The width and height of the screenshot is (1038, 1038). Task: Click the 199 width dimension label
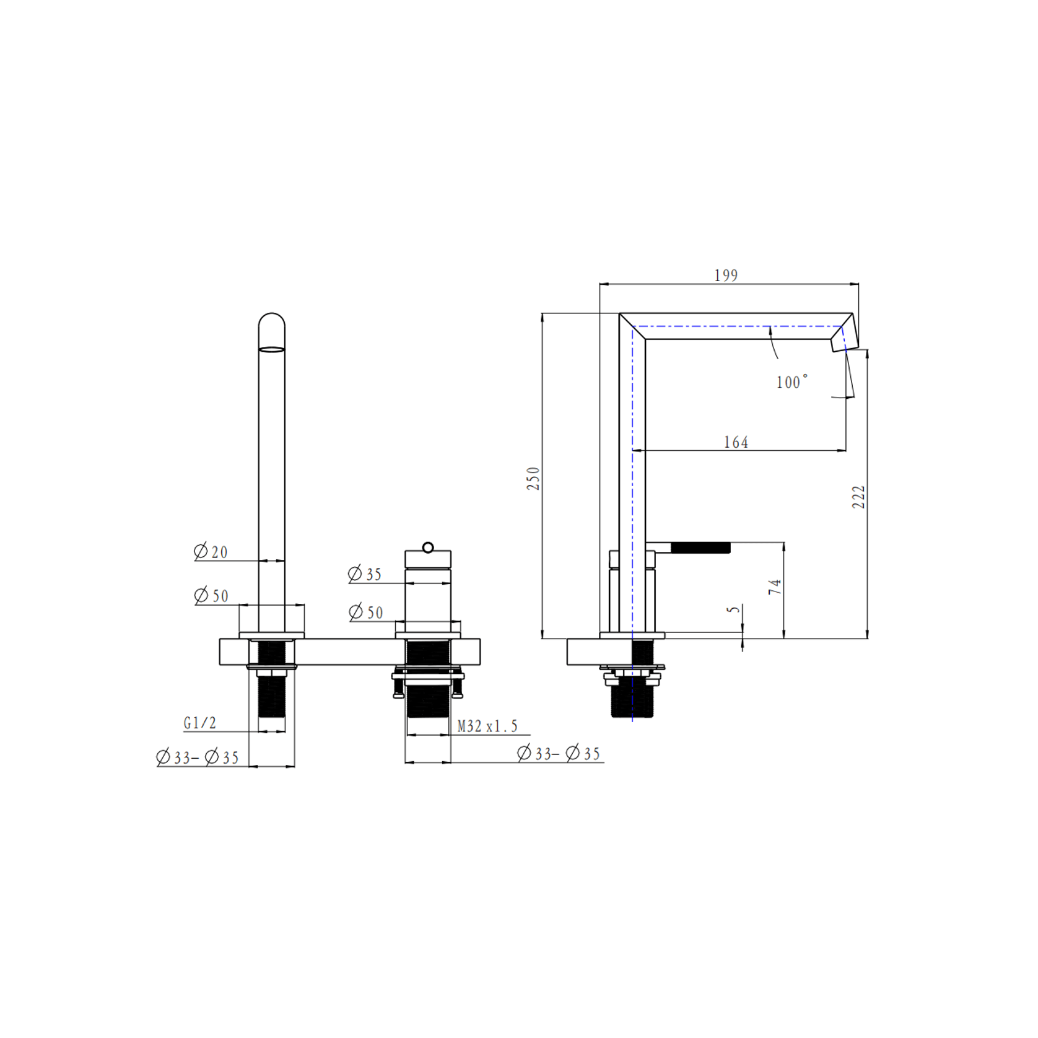726,276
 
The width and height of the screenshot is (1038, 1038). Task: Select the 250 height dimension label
533,479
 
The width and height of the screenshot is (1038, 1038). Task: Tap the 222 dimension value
858,497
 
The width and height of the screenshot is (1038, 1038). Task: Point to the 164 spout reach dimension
736,442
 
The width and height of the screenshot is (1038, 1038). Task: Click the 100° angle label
792,382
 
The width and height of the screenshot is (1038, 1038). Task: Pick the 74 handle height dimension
775,587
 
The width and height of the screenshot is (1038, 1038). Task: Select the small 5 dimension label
734,609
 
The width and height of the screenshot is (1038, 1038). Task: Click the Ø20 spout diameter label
211,551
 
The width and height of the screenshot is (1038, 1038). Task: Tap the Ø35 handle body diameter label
365,574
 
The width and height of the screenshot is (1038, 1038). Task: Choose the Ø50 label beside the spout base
211,596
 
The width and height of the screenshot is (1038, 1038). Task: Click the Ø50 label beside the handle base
366,613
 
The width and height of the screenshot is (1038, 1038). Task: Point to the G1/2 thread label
200,723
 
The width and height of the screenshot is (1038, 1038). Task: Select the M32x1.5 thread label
487,726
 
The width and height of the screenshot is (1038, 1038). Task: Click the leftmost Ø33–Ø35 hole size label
198,757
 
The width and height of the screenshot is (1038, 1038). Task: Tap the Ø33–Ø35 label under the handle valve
559,754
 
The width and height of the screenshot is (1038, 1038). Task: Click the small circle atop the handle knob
428,547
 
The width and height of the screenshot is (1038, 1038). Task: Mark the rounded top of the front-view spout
272,322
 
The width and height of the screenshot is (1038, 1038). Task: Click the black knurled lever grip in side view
700,547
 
